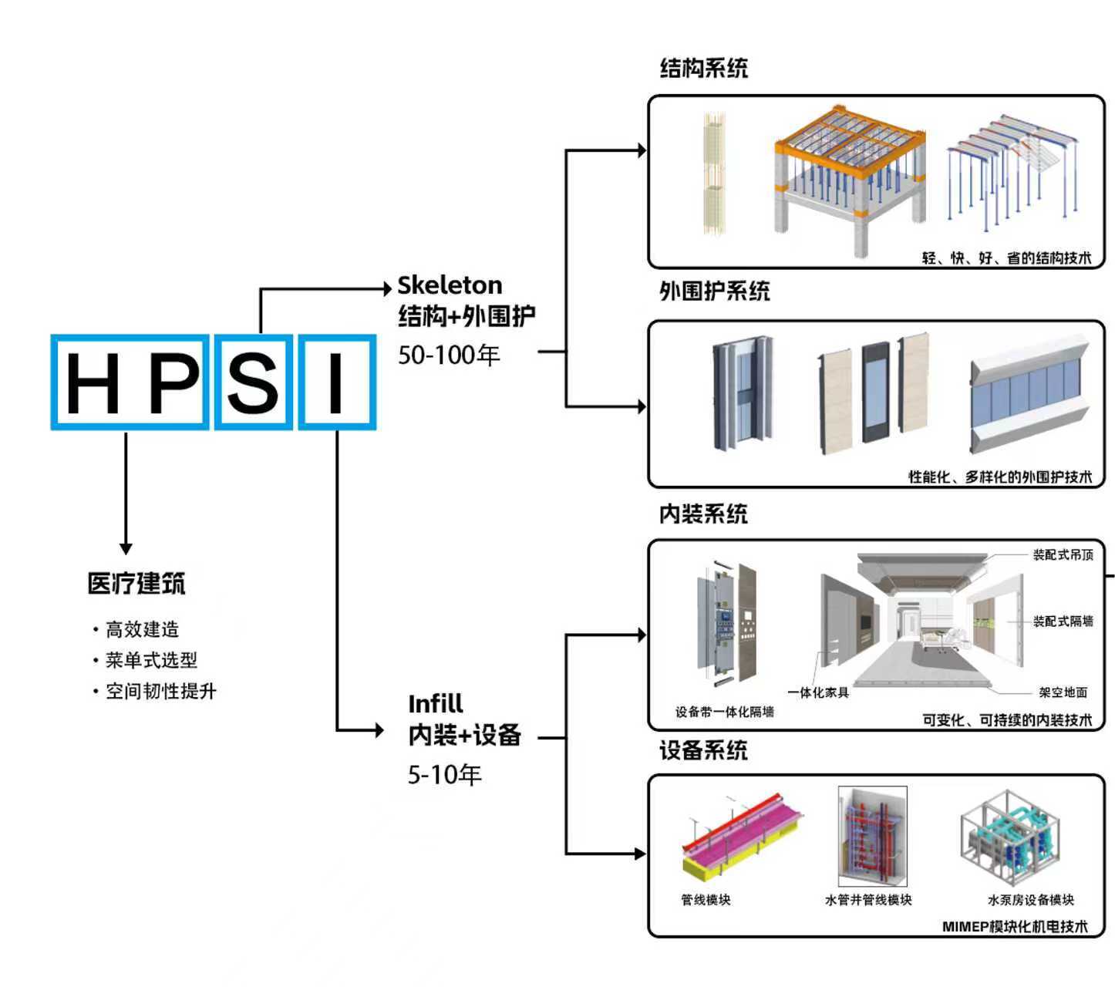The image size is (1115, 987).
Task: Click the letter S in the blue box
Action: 253,382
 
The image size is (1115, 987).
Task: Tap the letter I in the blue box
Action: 336,382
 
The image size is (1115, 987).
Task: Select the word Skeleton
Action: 450,285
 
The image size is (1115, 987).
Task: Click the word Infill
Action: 436,704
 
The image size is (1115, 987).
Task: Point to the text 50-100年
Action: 449,355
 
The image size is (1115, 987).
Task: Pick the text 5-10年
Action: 444,774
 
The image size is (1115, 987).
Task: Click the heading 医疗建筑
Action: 136,584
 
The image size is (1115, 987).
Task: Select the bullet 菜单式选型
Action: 151,660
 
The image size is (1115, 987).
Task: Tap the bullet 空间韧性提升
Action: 160,691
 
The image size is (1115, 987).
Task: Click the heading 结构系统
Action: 703,68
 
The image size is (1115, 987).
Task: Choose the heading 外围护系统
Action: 714,291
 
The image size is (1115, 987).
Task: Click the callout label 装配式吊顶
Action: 1063,554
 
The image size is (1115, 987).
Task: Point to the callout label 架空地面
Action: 1063,692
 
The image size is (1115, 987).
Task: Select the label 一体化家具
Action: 818,692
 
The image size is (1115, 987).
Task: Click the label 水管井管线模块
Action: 868,900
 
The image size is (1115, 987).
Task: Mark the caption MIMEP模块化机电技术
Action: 1014,926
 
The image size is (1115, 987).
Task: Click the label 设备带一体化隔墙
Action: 724,712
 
